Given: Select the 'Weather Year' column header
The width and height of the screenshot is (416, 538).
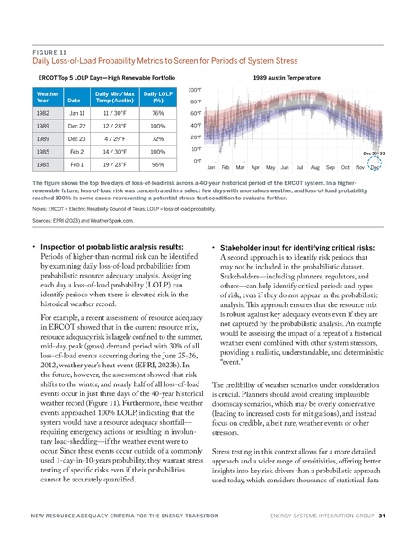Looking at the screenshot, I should [49, 98].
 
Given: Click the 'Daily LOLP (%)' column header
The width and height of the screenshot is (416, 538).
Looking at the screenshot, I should [157, 98].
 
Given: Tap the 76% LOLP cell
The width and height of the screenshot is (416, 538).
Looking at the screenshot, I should [157, 114].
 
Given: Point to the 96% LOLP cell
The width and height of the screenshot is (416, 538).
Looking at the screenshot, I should [157, 165].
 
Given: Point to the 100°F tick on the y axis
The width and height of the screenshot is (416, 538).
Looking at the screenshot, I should [193, 90].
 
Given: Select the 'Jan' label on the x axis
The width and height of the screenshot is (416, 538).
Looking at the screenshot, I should [211, 168].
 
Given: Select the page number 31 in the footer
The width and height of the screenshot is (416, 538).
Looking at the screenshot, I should [382, 516].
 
